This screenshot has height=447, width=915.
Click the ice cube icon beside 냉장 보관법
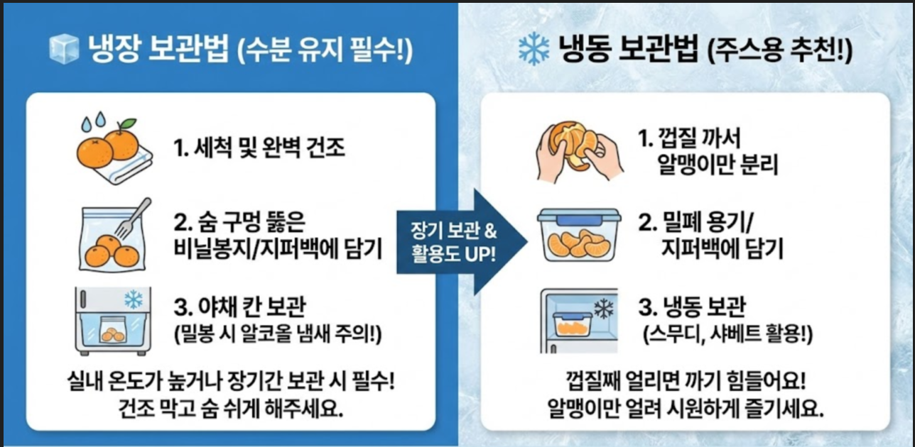[63, 49]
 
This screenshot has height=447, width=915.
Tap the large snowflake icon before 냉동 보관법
[534, 49]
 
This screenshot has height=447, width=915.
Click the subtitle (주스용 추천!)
[781, 52]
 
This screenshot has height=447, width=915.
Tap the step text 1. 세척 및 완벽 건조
[259, 148]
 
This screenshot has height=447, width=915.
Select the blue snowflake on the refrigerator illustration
[133, 299]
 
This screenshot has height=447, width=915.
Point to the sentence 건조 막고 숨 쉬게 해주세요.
[232, 409]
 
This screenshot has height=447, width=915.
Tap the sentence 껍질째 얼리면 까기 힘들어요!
[686, 384]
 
